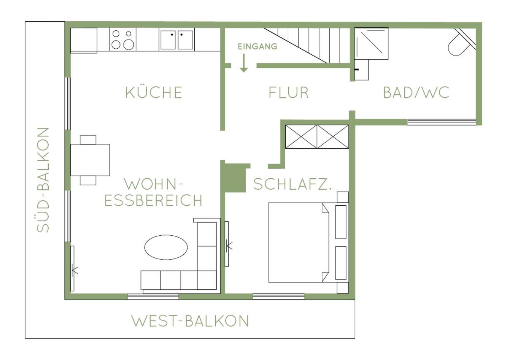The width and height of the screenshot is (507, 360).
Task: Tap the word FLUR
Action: (x=289, y=92)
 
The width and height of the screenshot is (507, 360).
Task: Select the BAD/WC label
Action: (x=416, y=92)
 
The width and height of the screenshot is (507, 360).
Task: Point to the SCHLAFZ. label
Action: (x=292, y=184)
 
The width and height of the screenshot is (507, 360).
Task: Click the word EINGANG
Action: (x=257, y=46)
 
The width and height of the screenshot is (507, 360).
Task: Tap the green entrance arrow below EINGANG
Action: (x=244, y=63)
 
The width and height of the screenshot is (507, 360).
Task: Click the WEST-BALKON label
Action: (x=190, y=321)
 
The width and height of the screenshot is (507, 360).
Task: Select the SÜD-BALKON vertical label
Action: (x=43, y=180)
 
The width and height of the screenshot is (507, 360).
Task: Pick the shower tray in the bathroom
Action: (x=371, y=43)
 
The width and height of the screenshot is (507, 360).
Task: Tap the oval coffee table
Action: (x=166, y=247)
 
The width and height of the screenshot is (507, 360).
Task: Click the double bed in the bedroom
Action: (x=299, y=243)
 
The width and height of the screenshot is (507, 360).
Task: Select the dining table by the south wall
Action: (x=90, y=160)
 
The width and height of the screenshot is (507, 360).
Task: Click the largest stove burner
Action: (x=129, y=44)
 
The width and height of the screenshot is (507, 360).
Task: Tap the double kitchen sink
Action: (x=176, y=40)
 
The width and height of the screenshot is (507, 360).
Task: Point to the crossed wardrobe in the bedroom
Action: (x=317, y=137)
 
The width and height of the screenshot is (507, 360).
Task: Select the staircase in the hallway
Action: (x=307, y=45)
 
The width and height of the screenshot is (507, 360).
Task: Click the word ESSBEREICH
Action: (x=153, y=200)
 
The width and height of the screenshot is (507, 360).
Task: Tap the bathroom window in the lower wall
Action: (x=441, y=122)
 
